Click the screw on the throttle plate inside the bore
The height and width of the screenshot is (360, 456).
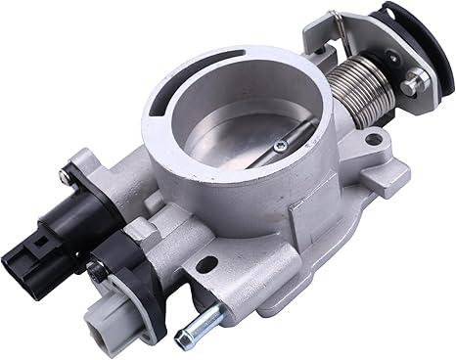coord(281,147)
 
